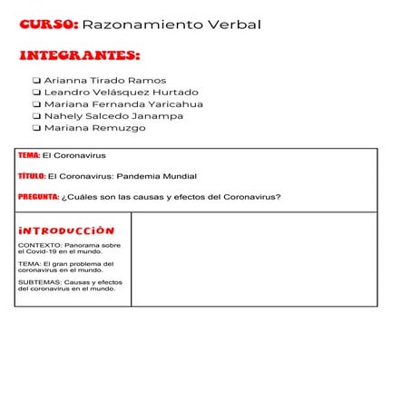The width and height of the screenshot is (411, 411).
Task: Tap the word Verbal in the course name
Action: tap(233, 24)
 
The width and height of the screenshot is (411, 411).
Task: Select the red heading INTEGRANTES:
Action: tap(79, 56)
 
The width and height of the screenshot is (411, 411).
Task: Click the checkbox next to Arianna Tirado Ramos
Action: tap(36, 81)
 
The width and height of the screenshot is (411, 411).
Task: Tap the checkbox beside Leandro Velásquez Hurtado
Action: tap(36, 93)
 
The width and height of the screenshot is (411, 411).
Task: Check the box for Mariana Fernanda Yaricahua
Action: tap(36, 104)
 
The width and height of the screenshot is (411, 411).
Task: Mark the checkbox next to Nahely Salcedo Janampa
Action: tap(36, 116)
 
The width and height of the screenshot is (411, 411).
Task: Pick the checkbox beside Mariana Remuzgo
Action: tap(36, 128)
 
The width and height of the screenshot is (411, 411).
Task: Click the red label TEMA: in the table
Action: tap(29, 155)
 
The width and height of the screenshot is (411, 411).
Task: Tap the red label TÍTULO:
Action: tap(32, 176)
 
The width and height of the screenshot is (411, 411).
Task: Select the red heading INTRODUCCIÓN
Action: tap(66, 230)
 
